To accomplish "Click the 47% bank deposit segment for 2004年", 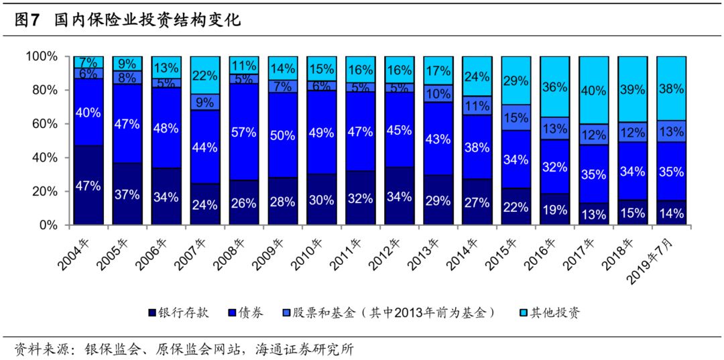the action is [x=88, y=186].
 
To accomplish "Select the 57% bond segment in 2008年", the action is [x=244, y=132].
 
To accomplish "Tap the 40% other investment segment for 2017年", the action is [x=594, y=91].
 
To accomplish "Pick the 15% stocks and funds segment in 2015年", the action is [x=516, y=117].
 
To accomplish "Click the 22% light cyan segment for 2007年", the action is [x=205, y=75].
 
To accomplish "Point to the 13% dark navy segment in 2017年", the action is [x=594, y=214].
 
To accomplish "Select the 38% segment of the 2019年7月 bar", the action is [x=672, y=88].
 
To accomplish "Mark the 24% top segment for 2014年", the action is [x=477, y=76].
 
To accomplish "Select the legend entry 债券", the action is [x=247, y=313].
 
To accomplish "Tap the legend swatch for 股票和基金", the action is [x=287, y=314].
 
